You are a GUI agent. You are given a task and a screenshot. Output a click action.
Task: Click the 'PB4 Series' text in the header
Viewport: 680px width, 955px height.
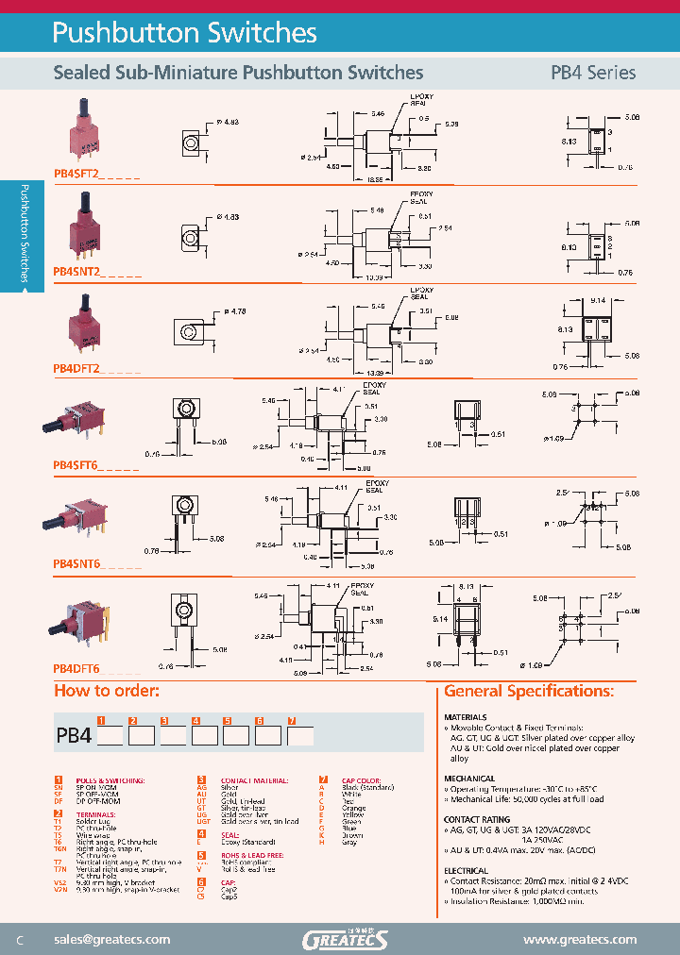coord(592,73)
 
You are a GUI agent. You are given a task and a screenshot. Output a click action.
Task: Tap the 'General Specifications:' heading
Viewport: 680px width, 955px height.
coord(528,692)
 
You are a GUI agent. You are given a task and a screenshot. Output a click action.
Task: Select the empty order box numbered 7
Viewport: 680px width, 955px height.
coord(300,735)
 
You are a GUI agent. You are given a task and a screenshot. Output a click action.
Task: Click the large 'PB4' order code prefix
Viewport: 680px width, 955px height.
coord(74,735)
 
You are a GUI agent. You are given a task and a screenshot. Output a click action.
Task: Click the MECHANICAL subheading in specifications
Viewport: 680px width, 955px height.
coord(469,779)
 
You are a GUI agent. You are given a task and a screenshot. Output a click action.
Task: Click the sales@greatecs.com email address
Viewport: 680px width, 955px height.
coord(112,939)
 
